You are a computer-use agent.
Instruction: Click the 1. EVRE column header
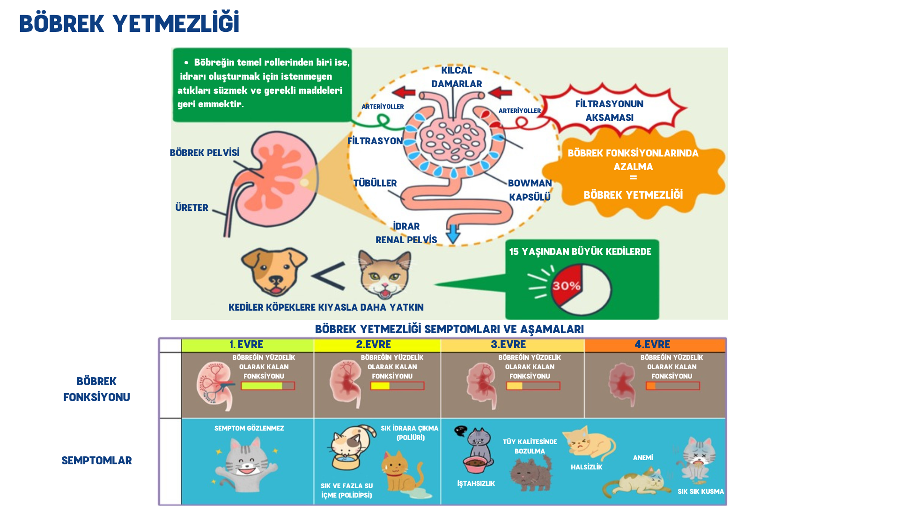click(247, 345)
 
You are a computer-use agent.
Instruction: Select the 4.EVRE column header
click(653, 345)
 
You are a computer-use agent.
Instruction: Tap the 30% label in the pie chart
click(566, 286)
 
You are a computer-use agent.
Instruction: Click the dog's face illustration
click(274, 271)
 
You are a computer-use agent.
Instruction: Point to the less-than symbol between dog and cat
click(329, 276)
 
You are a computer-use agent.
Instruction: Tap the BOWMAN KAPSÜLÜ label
click(530, 190)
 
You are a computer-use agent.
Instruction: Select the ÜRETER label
click(192, 208)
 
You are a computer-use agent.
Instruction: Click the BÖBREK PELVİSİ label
click(205, 153)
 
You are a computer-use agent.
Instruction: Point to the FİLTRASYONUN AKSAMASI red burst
click(609, 111)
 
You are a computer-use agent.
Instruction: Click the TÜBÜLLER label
click(375, 183)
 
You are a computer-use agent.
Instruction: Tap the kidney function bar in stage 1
click(268, 386)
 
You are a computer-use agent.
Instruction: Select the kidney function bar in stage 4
click(673, 386)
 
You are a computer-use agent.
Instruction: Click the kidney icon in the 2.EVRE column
click(346, 384)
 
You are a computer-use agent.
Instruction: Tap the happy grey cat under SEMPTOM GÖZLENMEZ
click(246, 464)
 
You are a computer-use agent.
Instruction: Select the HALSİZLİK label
click(586, 467)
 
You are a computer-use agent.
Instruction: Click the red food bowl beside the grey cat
click(476, 464)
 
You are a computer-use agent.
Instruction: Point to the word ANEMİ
click(643, 458)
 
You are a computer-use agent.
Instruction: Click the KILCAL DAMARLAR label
click(457, 77)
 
